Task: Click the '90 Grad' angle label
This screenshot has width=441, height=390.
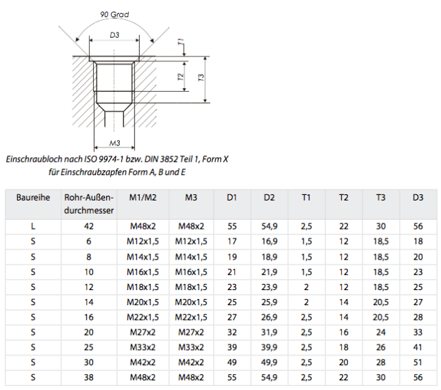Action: pyautogui.click(x=114, y=14)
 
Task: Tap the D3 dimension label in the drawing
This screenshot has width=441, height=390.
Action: pyautogui.click(x=114, y=35)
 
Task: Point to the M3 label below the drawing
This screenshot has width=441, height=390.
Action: pyautogui.click(x=114, y=143)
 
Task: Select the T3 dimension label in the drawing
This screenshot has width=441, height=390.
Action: pyautogui.click(x=201, y=78)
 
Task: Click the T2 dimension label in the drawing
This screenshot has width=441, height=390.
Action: pyautogui.click(x=181, y=76)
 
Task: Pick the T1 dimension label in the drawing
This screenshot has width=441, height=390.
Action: pyautogui.click(x=181, y=41)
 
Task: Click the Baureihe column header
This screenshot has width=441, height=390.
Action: pyautogui.click(x=33, y=197)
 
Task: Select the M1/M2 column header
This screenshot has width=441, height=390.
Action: pyautogui.click(x=143, y=197)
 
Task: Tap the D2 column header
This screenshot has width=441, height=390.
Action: pyautogui.click(x=269, y=197)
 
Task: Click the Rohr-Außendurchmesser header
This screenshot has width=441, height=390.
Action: pyautogui.click(x=89, y=204)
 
